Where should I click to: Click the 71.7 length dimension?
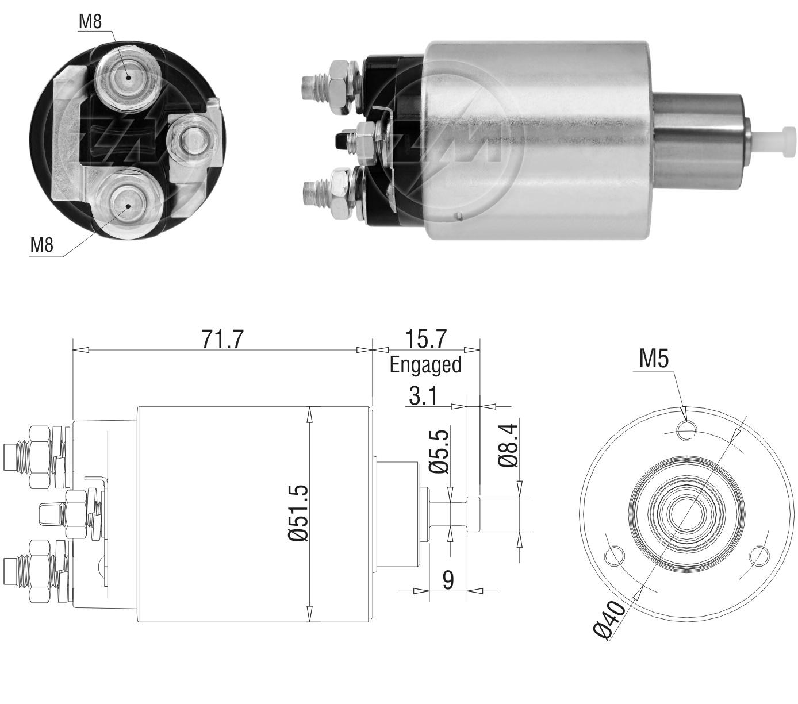click(x=222, y=339)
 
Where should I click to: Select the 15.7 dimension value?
click(x=426, y=339)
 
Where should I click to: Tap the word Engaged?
click(x=425, y=366)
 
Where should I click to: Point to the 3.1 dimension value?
click(x=423, y=396)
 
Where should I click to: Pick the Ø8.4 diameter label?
click(x=508, y=445)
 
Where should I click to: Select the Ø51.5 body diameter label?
click(x=298, y=513)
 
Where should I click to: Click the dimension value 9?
click(x=448, y=579)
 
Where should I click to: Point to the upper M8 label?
click(x=90, y=21)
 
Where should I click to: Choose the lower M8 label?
click(x=42, y=245)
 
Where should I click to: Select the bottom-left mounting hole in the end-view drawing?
click(x=613, y=556)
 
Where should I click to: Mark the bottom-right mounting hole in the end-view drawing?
click(x=758, y=556)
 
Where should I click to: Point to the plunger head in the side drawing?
click(x=473, y=514)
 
